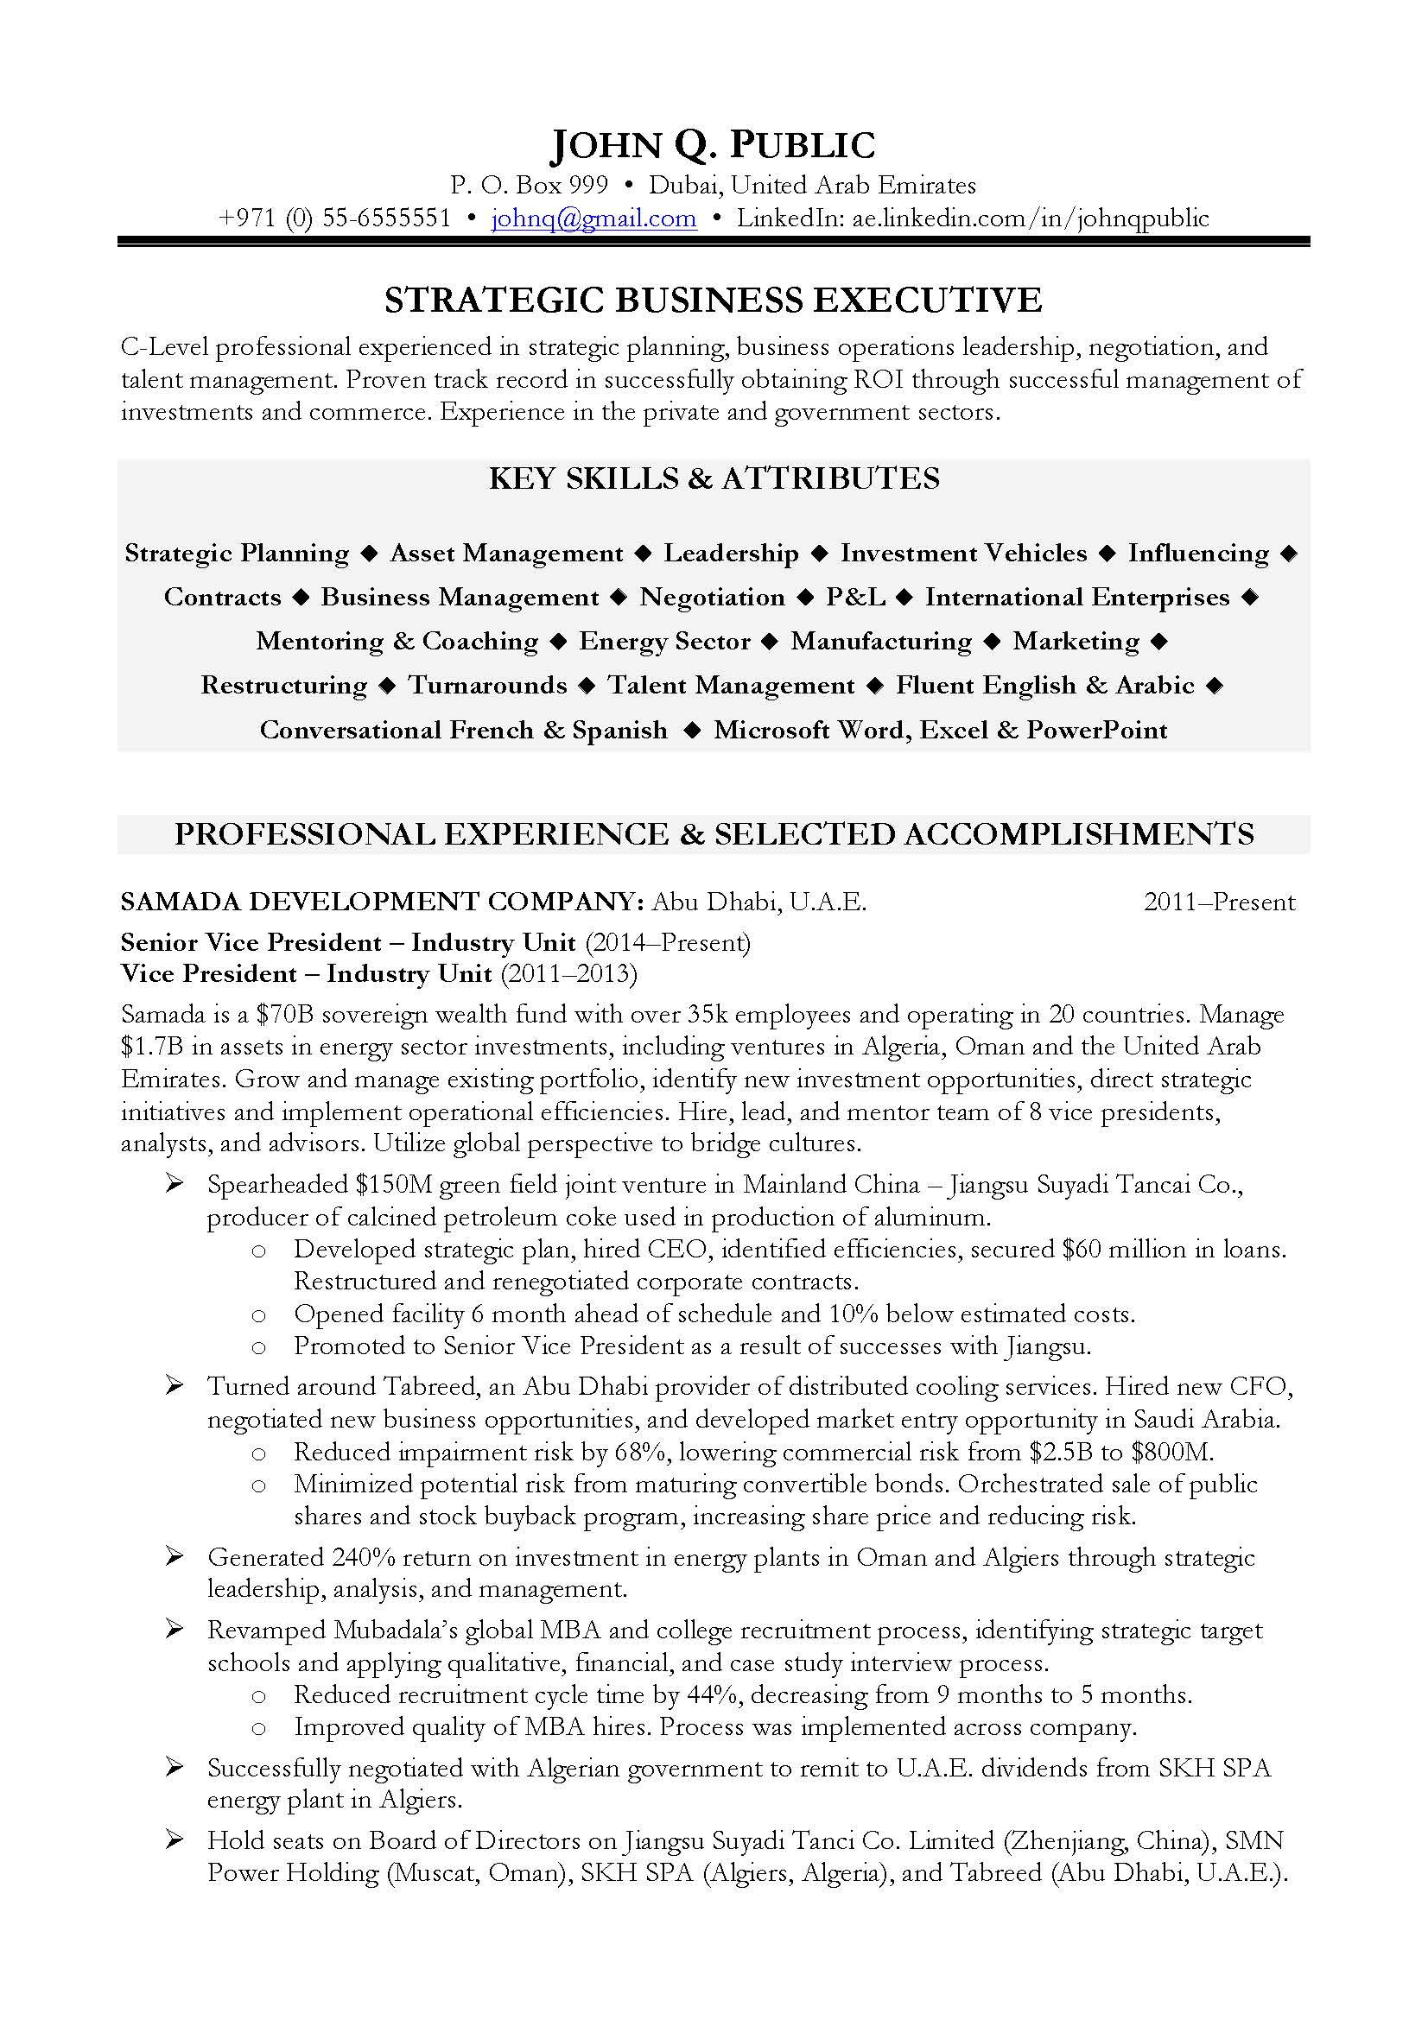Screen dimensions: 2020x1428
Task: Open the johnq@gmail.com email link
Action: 593,218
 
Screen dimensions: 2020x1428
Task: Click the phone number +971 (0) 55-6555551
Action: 334,218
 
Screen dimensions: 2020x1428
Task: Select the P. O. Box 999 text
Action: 529,186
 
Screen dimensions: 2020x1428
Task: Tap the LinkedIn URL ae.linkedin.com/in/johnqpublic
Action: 1030,218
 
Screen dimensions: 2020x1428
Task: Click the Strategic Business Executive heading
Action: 713,301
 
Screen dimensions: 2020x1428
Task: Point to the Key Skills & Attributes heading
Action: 714,478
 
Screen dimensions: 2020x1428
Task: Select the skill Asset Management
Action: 506,554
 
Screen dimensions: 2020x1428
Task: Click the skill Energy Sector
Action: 664,642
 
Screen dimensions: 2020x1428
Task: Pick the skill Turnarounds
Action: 487,686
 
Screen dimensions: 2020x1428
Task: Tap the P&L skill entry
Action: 855,598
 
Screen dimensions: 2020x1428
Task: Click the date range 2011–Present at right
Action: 1219,902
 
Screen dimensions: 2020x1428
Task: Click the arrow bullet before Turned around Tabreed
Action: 175,1388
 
